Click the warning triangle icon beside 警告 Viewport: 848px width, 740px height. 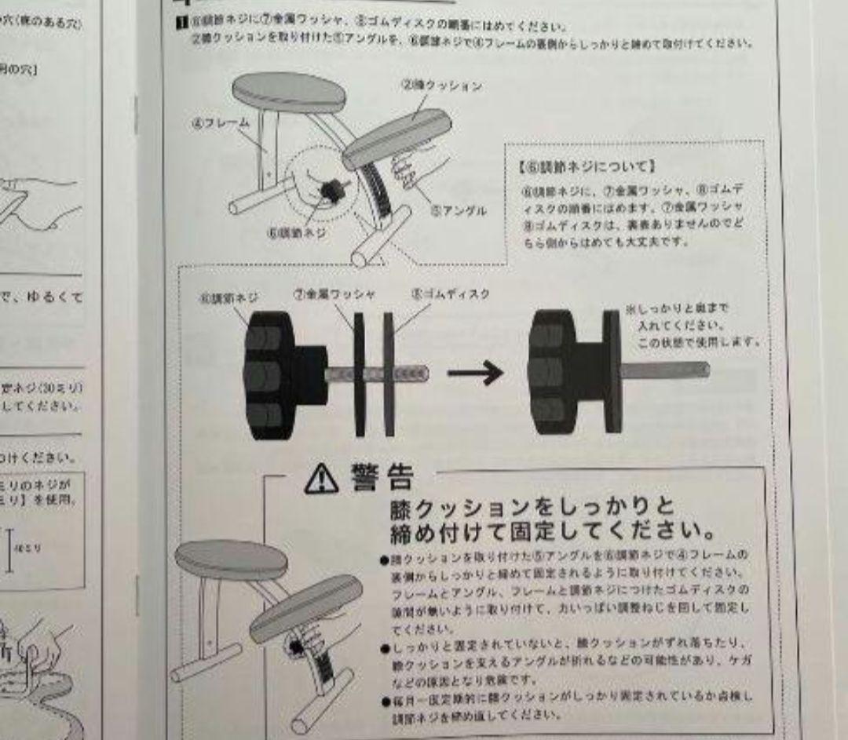tap(322, 477)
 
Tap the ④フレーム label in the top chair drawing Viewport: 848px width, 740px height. tap(221, 123)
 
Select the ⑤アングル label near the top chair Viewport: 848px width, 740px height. tap(459, 210)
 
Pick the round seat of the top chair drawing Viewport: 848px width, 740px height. tap(288, 91)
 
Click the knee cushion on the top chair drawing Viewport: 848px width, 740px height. tap(397, 138)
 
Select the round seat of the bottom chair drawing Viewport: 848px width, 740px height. tap(230, 559)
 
